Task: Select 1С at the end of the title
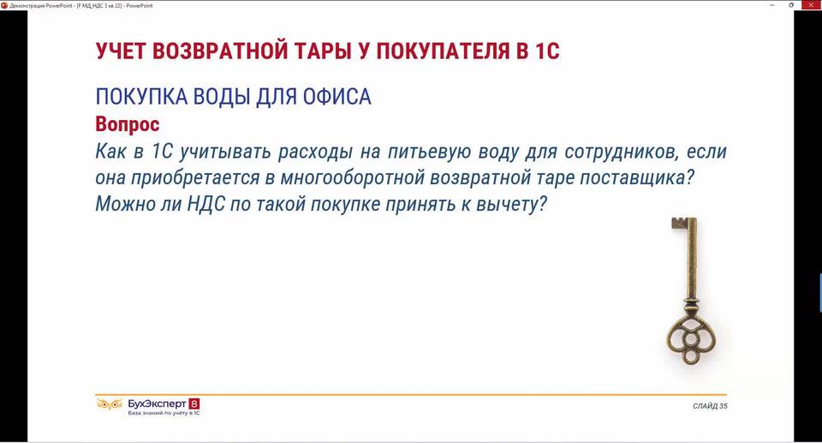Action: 547,51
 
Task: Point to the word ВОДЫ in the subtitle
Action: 221,97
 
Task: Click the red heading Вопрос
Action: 128,124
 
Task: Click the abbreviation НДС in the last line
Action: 206,204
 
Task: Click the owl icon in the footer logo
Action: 109,404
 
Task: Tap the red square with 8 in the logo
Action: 194,404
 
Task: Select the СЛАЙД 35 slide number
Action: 710,406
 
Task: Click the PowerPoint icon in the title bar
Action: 4,5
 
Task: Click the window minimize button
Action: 772,5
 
